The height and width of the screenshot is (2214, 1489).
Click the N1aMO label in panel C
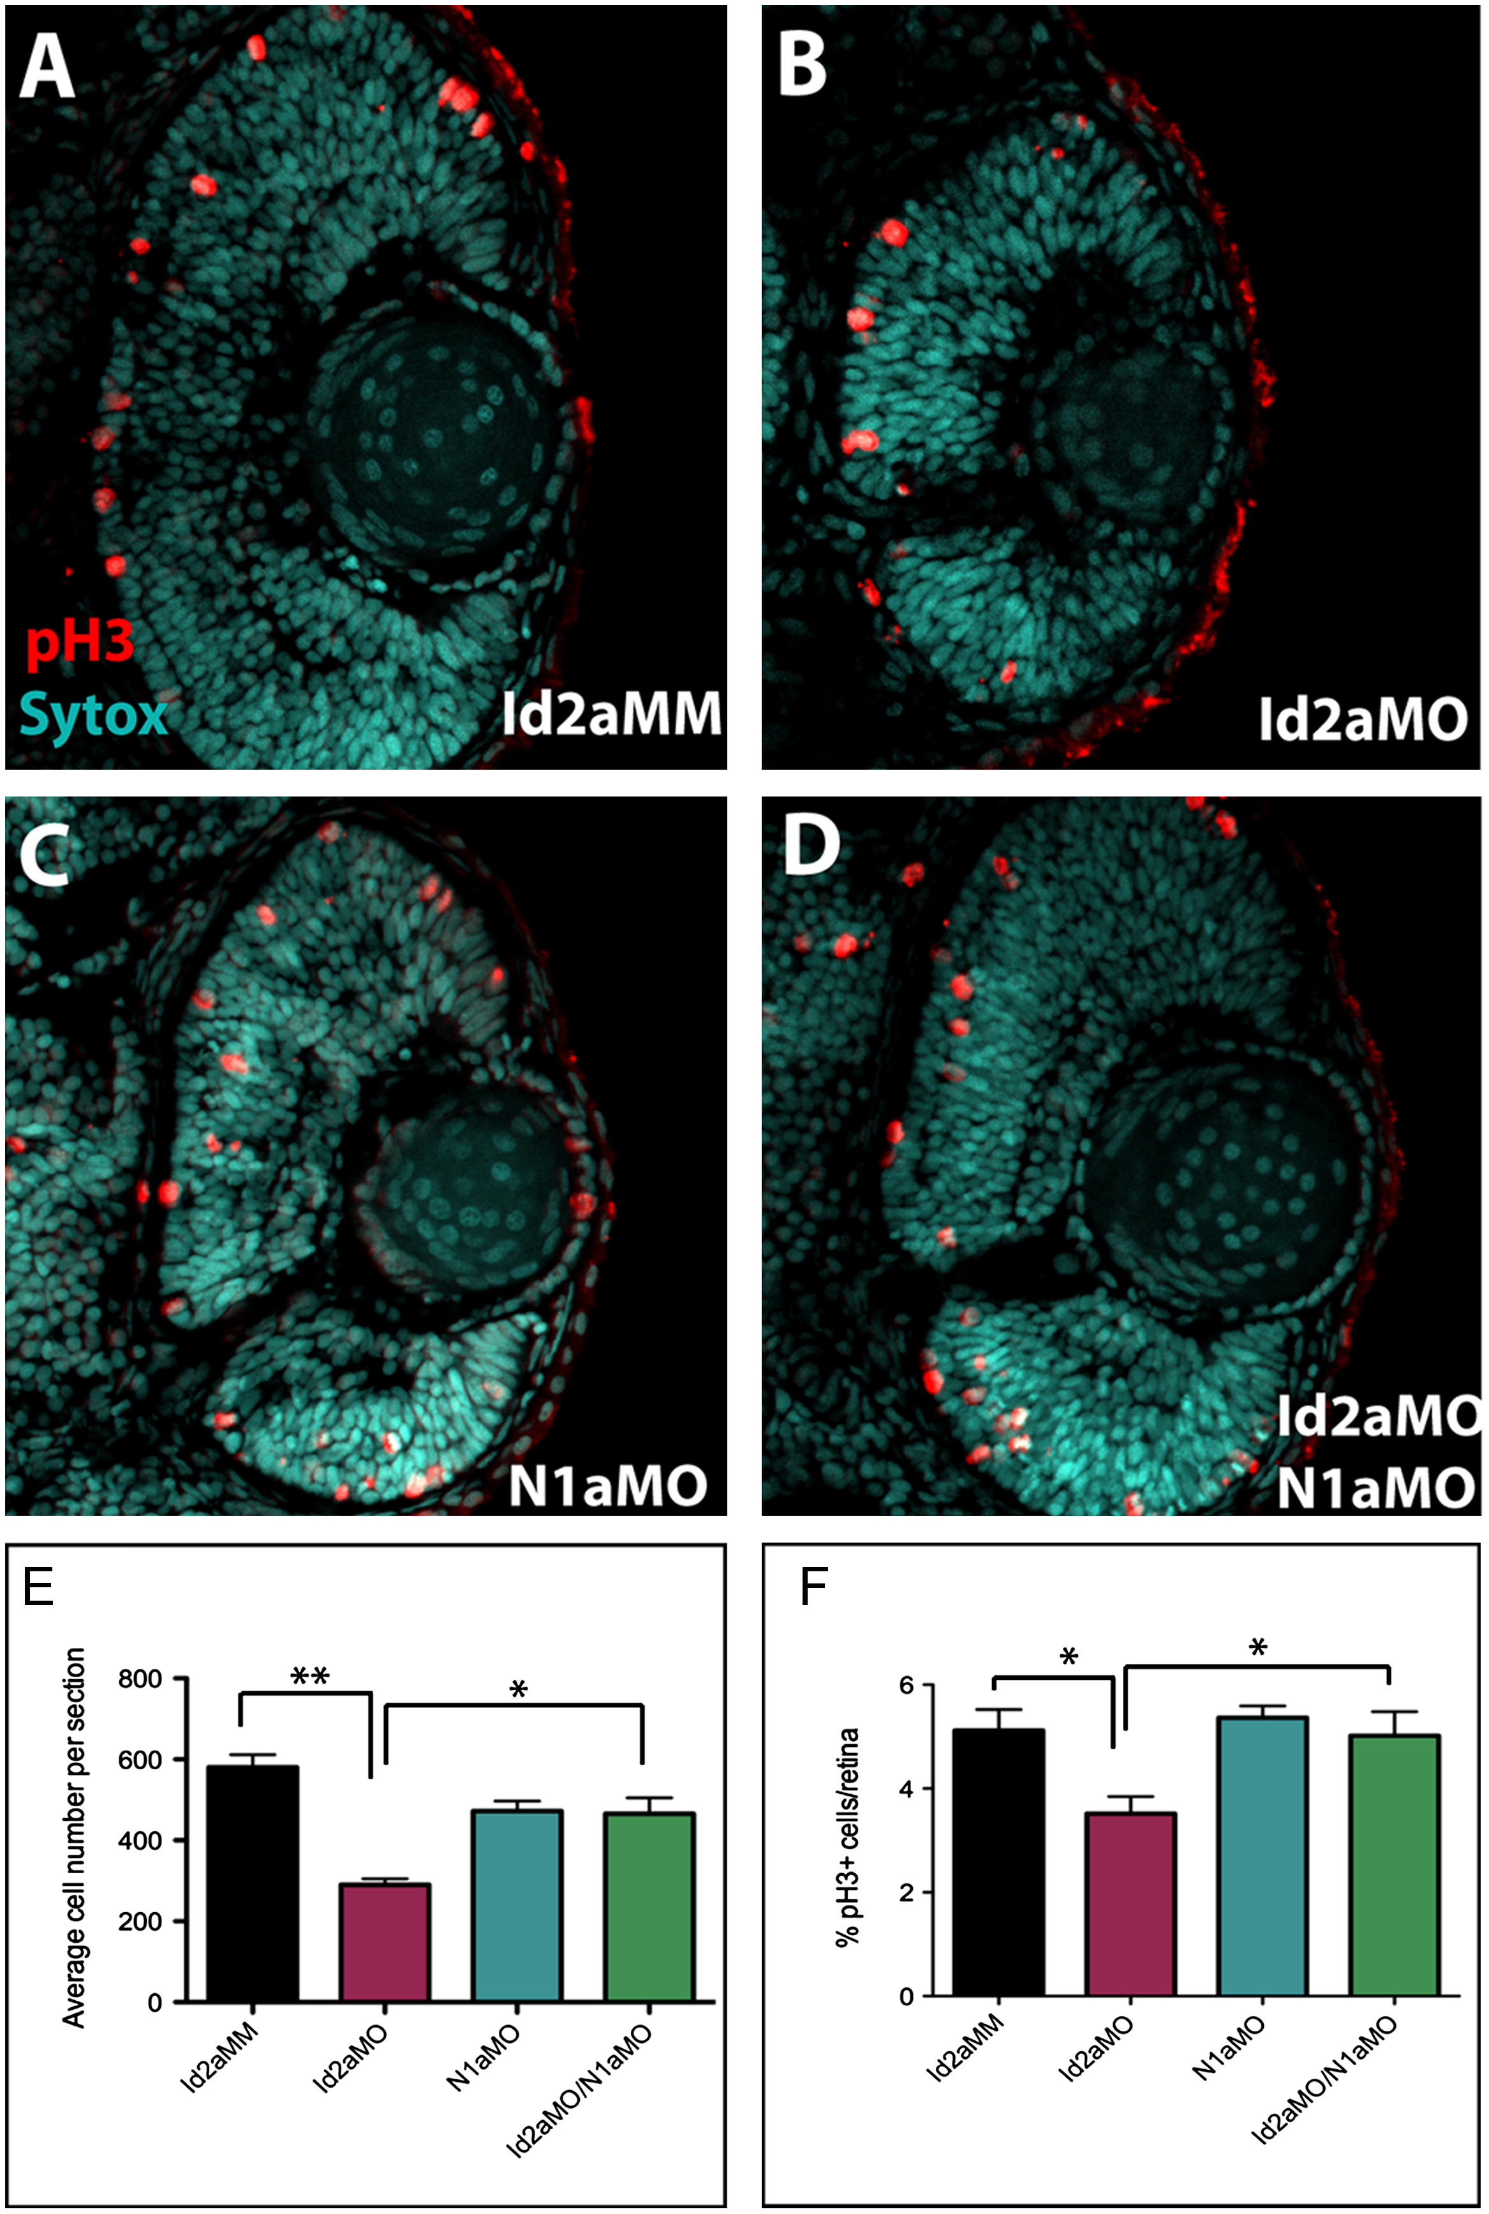tap(608, 1486)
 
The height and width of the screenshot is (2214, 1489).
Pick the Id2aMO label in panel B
tap(1362, 719)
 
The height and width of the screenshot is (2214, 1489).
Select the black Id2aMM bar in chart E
tap(253, 1883)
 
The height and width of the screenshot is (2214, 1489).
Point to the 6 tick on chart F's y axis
tap(906, 1685)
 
